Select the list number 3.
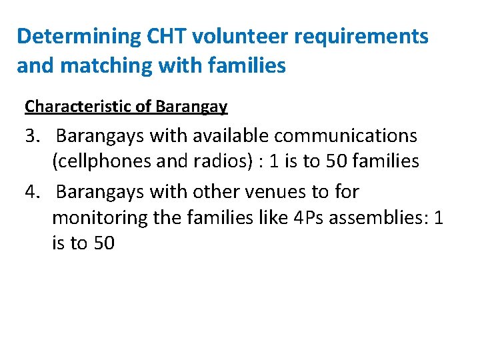(33, 137)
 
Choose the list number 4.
(33, 192)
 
